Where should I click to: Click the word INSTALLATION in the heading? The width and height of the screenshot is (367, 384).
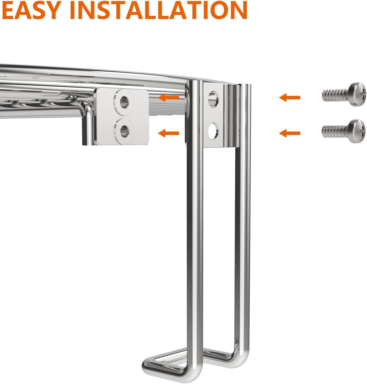pos(158,10)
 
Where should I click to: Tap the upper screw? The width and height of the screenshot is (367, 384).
pos(344,94)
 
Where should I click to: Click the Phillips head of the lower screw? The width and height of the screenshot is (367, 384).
pos(357,131)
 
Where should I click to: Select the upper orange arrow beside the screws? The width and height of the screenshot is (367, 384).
pos(290,98)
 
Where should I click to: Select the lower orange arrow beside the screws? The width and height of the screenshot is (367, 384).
pos(290,133)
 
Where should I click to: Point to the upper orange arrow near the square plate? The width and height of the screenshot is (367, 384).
pos(169,97)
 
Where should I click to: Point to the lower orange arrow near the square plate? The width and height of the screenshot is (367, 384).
pos(169,133)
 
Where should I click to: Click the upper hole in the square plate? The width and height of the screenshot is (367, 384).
pos(124,102)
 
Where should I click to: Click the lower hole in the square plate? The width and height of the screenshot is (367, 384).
pos(124,131)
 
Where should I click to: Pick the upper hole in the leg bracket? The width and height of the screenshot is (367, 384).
pos(213,99)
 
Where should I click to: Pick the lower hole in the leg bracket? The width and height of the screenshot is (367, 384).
pos(213,131)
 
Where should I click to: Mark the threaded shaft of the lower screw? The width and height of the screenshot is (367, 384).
pos(335,132)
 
